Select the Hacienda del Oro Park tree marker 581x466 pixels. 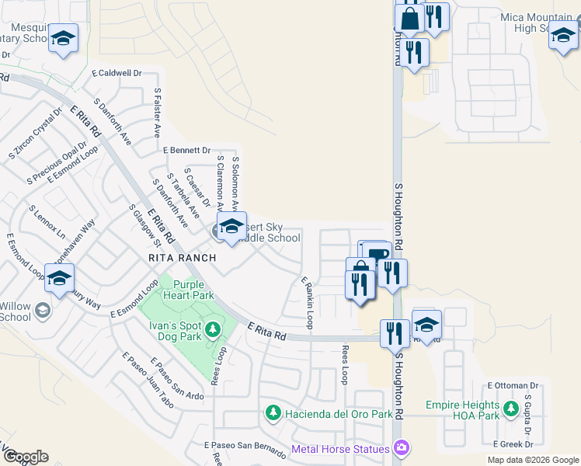[x=273, y=412]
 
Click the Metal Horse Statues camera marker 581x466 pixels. [x=401, y=447]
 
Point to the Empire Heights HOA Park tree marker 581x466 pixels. [x=510, y=409]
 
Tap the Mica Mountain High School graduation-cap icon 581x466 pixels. [x=563, y=35]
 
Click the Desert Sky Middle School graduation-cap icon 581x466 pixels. [x=231, y=226]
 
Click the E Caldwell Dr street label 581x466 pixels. [x=117, y=73]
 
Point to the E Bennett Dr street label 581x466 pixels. [x=187, y=150]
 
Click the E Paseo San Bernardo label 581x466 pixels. [x=245, y=446]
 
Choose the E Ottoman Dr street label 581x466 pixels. [x=513, y=385]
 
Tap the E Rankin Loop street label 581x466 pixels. [x=308, y=302]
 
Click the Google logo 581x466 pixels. [x=26, y=457]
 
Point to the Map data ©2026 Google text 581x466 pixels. [x=532, y=460]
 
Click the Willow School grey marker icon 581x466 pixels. [x=43, y=311]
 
